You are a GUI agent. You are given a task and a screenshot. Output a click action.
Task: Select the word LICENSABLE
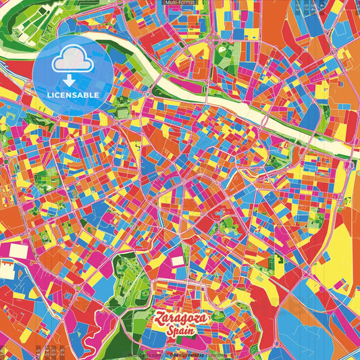73,94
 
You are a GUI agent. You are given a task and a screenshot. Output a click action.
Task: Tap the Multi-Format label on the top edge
180,3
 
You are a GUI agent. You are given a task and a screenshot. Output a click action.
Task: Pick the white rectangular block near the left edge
7,271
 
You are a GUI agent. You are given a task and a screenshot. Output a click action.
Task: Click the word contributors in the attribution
217,354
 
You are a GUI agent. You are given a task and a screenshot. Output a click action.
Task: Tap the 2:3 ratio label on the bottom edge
61,351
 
